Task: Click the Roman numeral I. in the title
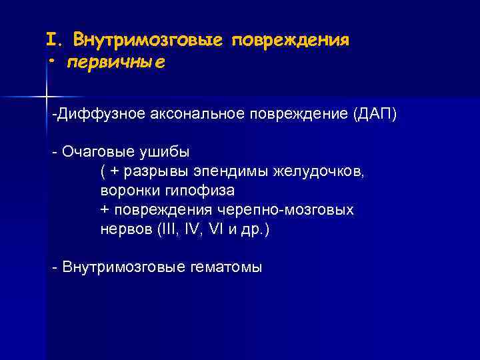[54, 39]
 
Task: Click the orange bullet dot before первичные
[51, 62]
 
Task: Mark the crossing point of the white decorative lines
[46, 97]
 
